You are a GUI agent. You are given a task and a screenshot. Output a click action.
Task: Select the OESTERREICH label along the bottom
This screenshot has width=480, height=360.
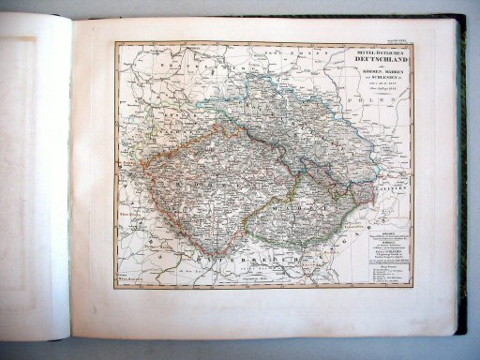pyautogui.click(x=253, y=250)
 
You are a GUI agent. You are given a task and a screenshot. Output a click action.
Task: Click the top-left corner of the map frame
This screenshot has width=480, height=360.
pyautogui.click(x=116, y=43)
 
